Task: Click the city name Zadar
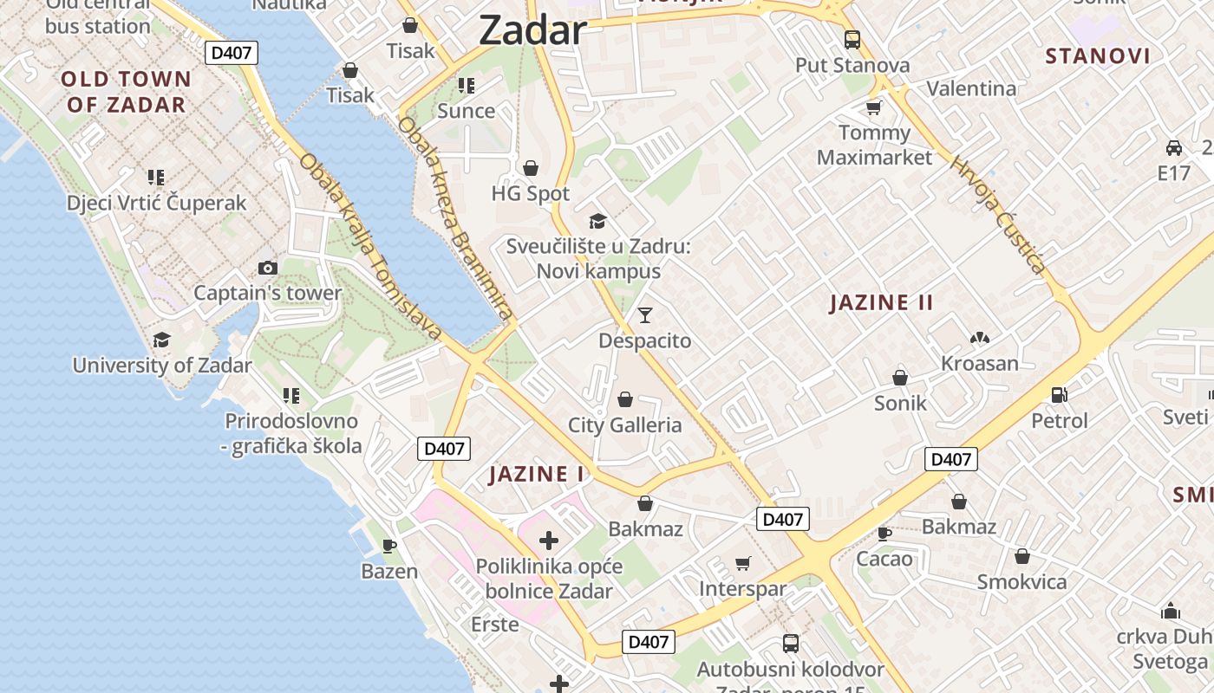(x=532, y=31)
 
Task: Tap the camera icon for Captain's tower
(x=268, y=269)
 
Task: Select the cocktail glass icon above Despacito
(x=644, y=314)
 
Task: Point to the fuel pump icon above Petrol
(x=1059, y=395)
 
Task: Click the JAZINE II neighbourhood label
(x=881, y=302)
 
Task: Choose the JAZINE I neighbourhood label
(x=537, y=474)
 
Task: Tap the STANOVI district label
(x=1098, y=56)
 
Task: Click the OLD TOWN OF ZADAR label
(x=126, y=92)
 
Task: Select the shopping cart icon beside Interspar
(x=742, y=564)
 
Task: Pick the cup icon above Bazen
(x=389, y=546)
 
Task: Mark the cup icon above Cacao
(x=884, y=533)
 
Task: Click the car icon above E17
(x=1174, y=147)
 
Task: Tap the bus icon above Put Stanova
(x=852, y=39)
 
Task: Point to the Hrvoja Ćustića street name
(x=999, y=214)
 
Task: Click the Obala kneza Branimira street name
(x=456, y=217)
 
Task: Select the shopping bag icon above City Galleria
(x=624, y=399)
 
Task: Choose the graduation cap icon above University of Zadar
(x=161, y=340)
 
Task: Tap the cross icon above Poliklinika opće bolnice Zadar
(x=549, y=541)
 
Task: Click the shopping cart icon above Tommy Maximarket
(x=873, y=108)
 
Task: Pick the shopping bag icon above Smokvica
(x=1022, y=556)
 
